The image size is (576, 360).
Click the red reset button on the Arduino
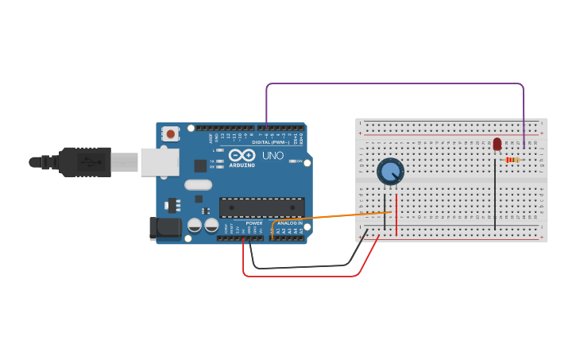(x=170, y=134)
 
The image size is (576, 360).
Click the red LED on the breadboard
(x=497, y=144)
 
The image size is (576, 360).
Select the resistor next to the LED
(x=512, y=160)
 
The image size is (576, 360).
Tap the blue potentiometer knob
(x=390, y=171)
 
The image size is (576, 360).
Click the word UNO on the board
(x=273, y=155)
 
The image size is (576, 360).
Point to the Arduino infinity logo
(x=242, y=155)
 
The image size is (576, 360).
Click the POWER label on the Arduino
(x=254, y=223)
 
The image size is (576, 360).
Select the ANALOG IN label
(x=289, y=223)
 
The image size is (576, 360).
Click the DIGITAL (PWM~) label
(x=271, y=142)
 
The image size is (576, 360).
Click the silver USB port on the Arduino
(x=159, y=161)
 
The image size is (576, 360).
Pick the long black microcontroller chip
(x=261, y=207)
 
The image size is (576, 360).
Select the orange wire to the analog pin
(x=334, y=217)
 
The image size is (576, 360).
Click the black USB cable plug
(x=87, y=161)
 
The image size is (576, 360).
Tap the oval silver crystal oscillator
(x=198, y=184)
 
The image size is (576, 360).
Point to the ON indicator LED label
(x=300, y=161)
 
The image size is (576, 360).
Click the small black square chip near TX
(x=200, y=166)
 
